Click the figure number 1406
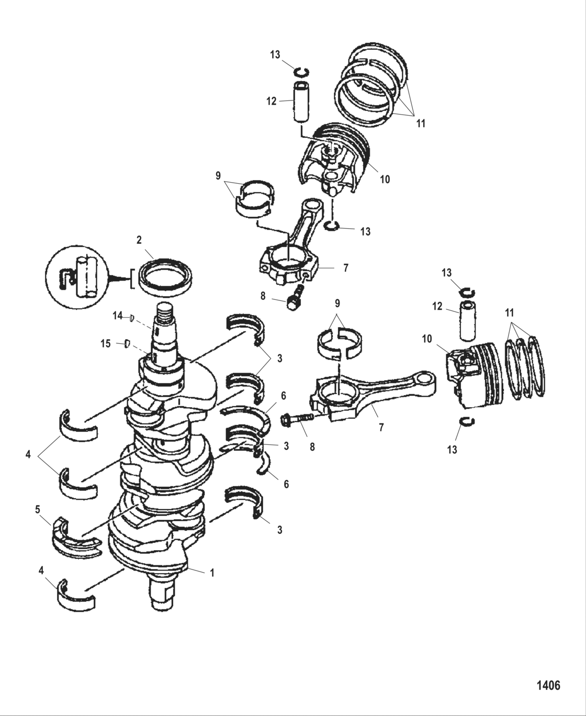[x=548, y=685]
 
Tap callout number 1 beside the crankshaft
[x=212, y=573]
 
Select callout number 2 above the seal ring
[x=139, y=240]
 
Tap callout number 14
[x=117, y=316]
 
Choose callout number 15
[x=106, y=343]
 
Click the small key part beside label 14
[x=132, y=316]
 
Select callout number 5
[x=37, y=508]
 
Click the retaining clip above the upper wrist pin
[x=302, y=72]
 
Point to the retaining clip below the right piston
[x=467, y=422]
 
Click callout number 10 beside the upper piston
[x=385, y=179]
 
